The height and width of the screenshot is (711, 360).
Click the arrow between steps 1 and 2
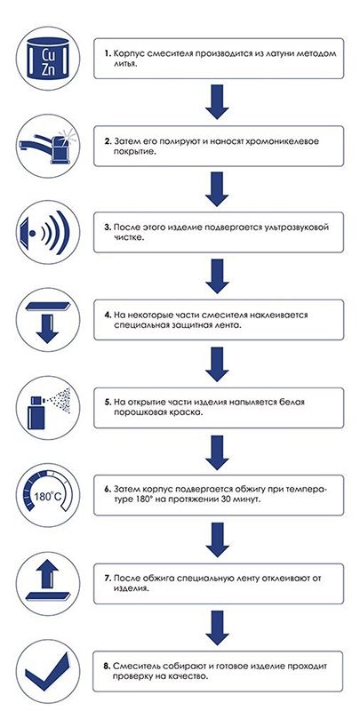click(217, 102)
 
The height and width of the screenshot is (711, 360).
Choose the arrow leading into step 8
click(217, 624)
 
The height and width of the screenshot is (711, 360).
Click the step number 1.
click(108, 54)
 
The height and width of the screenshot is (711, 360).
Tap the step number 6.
click(108, 489)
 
